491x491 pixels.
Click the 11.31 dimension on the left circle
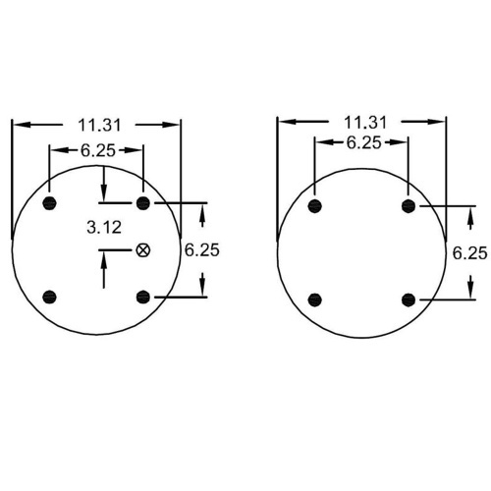(x=99, y=126)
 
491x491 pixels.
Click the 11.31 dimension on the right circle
(x=365, y=123)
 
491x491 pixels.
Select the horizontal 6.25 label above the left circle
(x=98, y=150)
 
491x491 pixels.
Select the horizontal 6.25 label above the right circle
(x=364, y=142)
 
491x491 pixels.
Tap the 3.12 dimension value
(x=104, y=227)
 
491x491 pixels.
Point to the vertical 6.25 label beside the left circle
(x=202, y=250)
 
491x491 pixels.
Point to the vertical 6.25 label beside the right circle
(x=470, y=253)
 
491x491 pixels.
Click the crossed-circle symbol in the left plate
(x=143, y=250)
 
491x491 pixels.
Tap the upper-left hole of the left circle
(x=50, y=203)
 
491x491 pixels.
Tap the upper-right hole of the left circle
(x=143, y=203)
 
